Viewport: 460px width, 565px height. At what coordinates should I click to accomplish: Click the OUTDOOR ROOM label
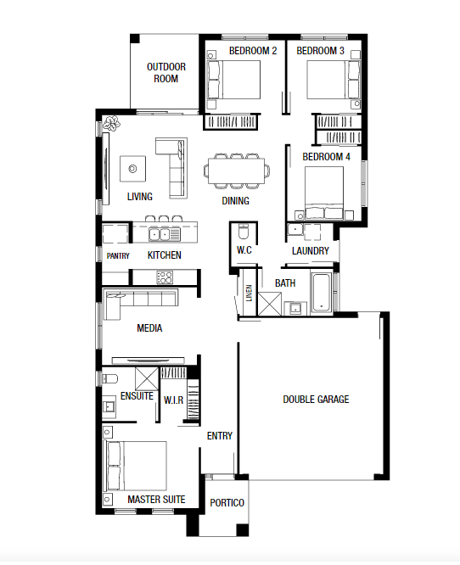pyautogui.click(x=166, y=72)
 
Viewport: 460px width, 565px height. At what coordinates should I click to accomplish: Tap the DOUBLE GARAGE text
pyautogui.click(x=316, y=400)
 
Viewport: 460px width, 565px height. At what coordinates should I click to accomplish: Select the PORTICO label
pyautogui.click(x=227, y=503)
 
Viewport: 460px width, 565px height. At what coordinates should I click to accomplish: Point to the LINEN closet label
pyautogui.click(x=250, y=294)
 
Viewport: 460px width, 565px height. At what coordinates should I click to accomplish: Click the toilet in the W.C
pyautogui.click(x=244, y=232)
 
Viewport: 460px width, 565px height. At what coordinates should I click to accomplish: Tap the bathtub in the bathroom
pyautogui.click(x=322, y=293)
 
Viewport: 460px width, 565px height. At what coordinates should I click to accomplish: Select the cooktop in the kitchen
pyautogui.click(x=165, y=277)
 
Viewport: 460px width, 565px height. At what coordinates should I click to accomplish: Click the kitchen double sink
pyautogui.click(x=160, y=234)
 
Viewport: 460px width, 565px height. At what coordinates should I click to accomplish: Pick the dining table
pyautogui.click(x=236, y=171)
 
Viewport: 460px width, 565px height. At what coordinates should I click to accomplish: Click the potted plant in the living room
pyautogui.click(x=112, y=123)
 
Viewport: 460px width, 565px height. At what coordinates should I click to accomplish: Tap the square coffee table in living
pyautogui.click(x=132, y=169)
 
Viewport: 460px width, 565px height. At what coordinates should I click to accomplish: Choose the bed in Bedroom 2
pyautogui.click(x=233, y=80)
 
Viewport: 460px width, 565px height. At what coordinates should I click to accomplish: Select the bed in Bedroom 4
pyautogui.click(x=324, y=193)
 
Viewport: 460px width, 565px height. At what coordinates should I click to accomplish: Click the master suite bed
pyautogui.click(x=137, y=465)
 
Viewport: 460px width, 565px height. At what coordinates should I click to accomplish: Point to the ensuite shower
pyautogui.click(x=147, y=379)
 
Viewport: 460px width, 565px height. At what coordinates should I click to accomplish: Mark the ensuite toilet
pyautogui.click(x=110, y=378)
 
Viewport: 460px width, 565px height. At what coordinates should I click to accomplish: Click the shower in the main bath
pyautogui.click(x=269, y=304)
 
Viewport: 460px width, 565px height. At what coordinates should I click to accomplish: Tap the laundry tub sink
pyautogui.click(x=295, y=230)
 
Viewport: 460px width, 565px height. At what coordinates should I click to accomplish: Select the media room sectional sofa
pyautogui.click(x=141, y=304)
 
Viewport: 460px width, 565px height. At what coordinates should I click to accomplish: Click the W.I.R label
pyautogui.click(x=173, y=400)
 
